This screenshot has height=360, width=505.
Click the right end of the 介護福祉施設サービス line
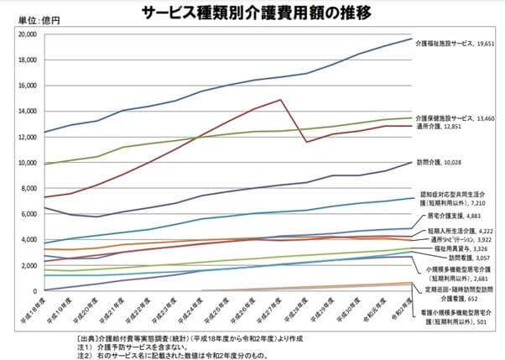tap(411, 39)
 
